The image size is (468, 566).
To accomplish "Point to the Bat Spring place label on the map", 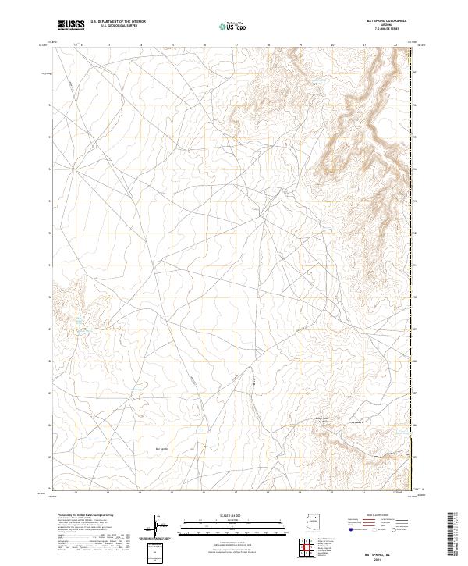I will click(163, 449).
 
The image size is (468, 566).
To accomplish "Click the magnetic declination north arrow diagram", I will click(160, 524).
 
